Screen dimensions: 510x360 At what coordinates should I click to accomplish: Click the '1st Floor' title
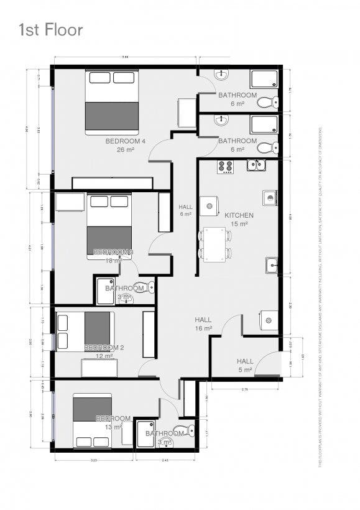tap(50, 29)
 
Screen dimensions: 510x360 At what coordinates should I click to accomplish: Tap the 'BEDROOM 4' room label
tap(125, 141)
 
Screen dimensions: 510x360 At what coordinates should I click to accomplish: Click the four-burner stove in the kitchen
tap(225, 167)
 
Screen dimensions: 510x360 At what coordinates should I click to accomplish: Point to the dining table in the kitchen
tap(215, 244)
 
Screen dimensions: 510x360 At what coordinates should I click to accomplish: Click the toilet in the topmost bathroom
tap(268, 101)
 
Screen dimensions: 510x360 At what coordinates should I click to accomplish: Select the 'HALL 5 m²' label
tap(245, 365)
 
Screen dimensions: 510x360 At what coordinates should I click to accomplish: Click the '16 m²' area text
tap(203, 328)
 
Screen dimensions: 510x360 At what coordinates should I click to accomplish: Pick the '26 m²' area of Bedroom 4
tap(125, 150)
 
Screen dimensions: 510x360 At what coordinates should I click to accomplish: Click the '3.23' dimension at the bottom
tap(94, 460)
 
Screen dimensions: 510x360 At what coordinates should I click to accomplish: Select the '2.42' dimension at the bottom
tap(165, 460)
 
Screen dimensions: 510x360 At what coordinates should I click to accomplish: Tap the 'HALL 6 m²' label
tap(186, 210)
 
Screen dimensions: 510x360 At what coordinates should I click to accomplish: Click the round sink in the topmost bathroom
tap(222, 75)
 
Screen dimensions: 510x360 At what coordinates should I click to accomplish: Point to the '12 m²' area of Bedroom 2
tap(104, 356)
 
